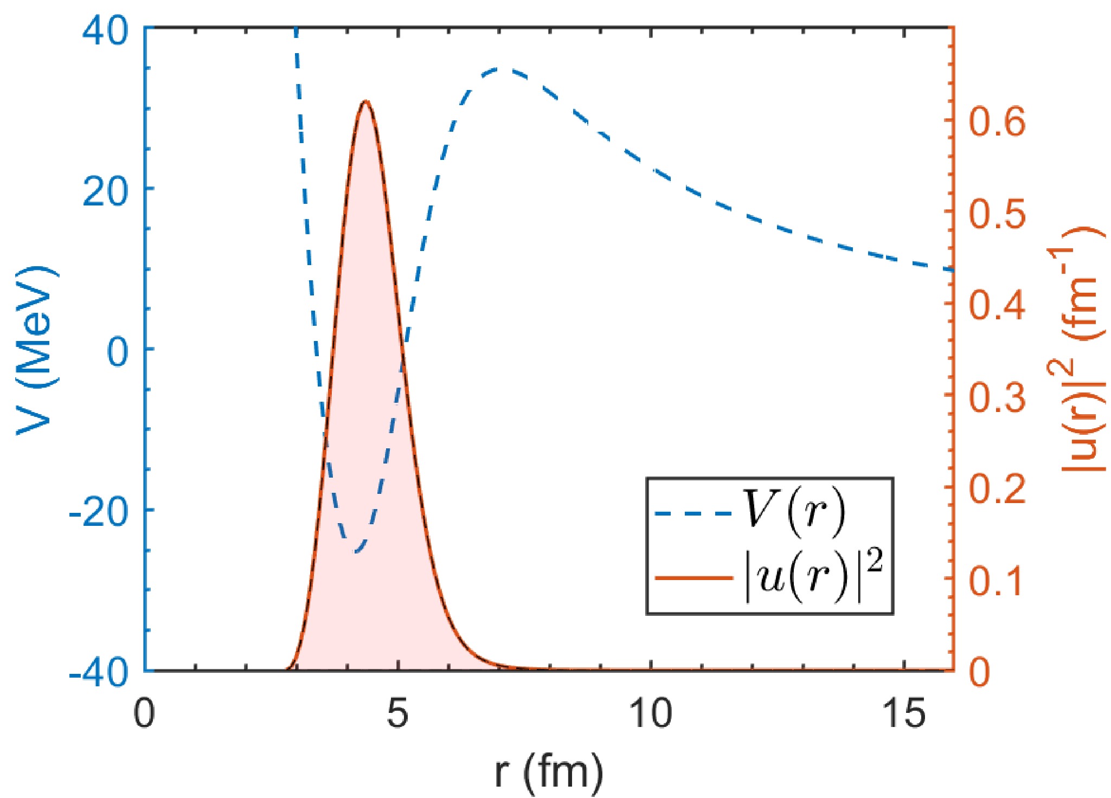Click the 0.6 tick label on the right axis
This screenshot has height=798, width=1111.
click(x=997, y=121)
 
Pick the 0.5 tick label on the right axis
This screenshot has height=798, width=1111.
click(x=997, y=214)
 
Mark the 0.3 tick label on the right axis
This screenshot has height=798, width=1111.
click(x=997, y=397)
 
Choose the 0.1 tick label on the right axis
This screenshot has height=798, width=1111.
click(x=997, y=580)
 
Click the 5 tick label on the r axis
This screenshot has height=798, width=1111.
click(x=397, y=714)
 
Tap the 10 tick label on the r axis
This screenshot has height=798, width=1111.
click(x=650, y=714)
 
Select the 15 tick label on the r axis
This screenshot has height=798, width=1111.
click(x=903, y=714)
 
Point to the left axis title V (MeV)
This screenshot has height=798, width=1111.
click(x=37, y=349)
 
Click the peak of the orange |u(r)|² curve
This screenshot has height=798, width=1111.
click(x=366, y=101)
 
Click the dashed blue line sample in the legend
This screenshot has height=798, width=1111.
click(x=693, y=512)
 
